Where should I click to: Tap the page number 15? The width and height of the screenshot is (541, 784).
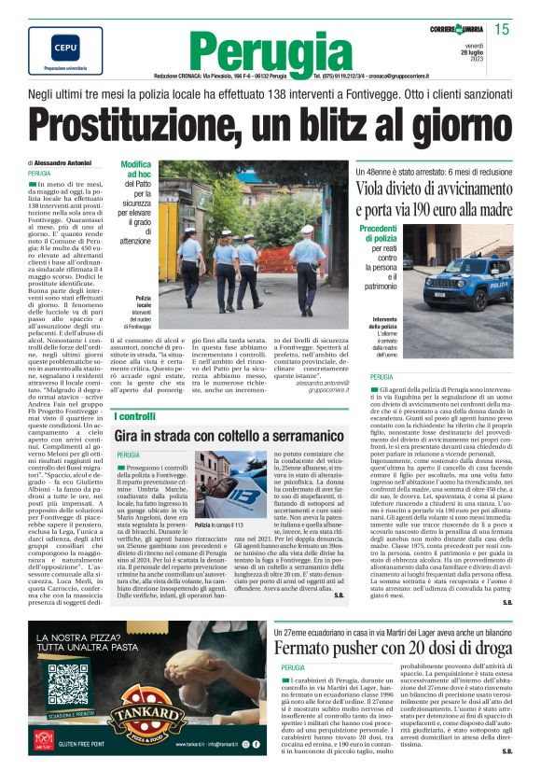[502, 30]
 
